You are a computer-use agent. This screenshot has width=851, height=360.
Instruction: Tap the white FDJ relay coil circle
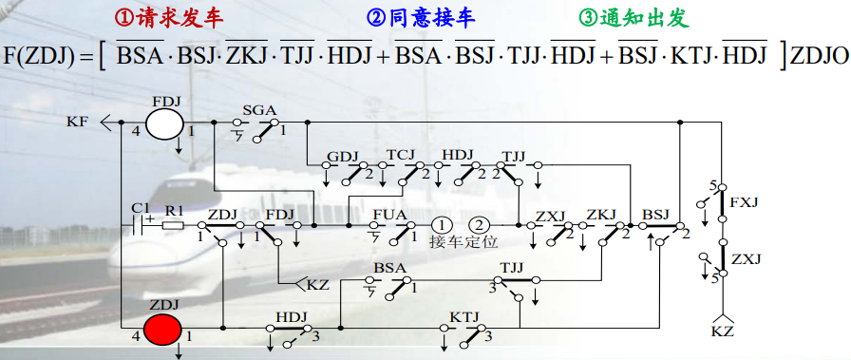click(x=164, y=123)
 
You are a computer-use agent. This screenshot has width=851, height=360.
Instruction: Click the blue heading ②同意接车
click(x=421, y=18)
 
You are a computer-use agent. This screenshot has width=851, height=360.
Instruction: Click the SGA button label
click(x=259, y=110)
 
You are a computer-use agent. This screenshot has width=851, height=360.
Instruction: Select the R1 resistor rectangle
click(x=173, y=225)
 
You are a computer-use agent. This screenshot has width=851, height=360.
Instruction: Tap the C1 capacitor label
click(x=141, y=207)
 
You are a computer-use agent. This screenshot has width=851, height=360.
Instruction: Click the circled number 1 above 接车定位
click(x=443, y=225)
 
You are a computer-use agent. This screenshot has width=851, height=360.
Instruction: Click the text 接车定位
click(x=462, y=242)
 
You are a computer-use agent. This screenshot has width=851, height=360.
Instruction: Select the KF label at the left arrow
click(x=77, y=123)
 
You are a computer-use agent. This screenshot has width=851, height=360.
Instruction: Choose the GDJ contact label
click(x=341, y=155)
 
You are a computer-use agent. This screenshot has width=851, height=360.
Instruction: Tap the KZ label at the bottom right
click(x=722, y=332)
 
